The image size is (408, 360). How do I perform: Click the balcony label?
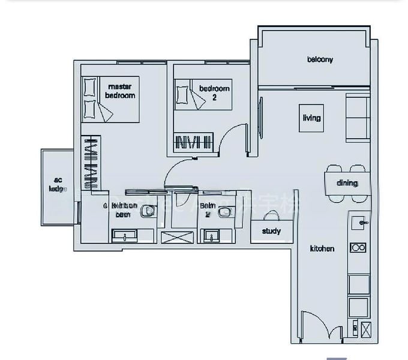pyautogui.click(x=320, y=59)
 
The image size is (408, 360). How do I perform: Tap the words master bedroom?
pyautogui.click(x=120, y=91)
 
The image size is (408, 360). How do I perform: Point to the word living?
pyautogui.click(x=311, y=118)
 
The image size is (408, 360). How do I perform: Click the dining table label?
pyautogui.click(x=347, y=183)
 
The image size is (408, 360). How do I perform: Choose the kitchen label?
pyautogui.click(x=322, y=248)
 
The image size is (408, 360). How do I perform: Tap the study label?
pyautogui.click(x=271, y=231)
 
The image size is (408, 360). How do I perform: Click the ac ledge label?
pyautogui.click(x=58, y=184)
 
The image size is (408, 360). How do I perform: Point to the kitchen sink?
pyautogui.click(x=361, y=222)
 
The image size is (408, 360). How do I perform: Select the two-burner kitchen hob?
pyautogui.click(x=359, y=247)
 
